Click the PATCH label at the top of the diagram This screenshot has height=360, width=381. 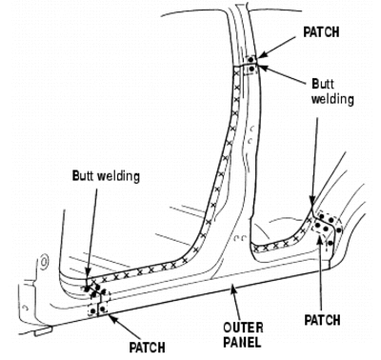[x=321, y=32]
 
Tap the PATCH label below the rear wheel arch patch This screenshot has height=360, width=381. [x=322, y=320]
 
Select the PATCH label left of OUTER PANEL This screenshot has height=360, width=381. [x=147, y=348]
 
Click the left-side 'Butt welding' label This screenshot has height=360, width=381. [x=106, y=176]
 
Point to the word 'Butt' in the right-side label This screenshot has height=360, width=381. [x=323, y=84]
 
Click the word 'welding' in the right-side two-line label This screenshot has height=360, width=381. [x=332, y=99]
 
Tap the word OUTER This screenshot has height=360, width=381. [x=243, y=328]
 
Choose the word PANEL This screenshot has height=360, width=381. [x=242, y=343]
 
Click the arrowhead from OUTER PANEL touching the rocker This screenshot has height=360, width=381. [x=233, y=289]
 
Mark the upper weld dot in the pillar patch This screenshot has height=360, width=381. [x=251, y=59]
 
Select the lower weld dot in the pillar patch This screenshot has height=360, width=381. [x=252, y=69]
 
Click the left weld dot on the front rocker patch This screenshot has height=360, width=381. [x=92, y=310]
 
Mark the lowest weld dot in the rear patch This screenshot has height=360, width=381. [x=331, y=243]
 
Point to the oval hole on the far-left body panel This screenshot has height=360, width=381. [x=45, y=262]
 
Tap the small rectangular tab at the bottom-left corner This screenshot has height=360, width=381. [x=43, y=332]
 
